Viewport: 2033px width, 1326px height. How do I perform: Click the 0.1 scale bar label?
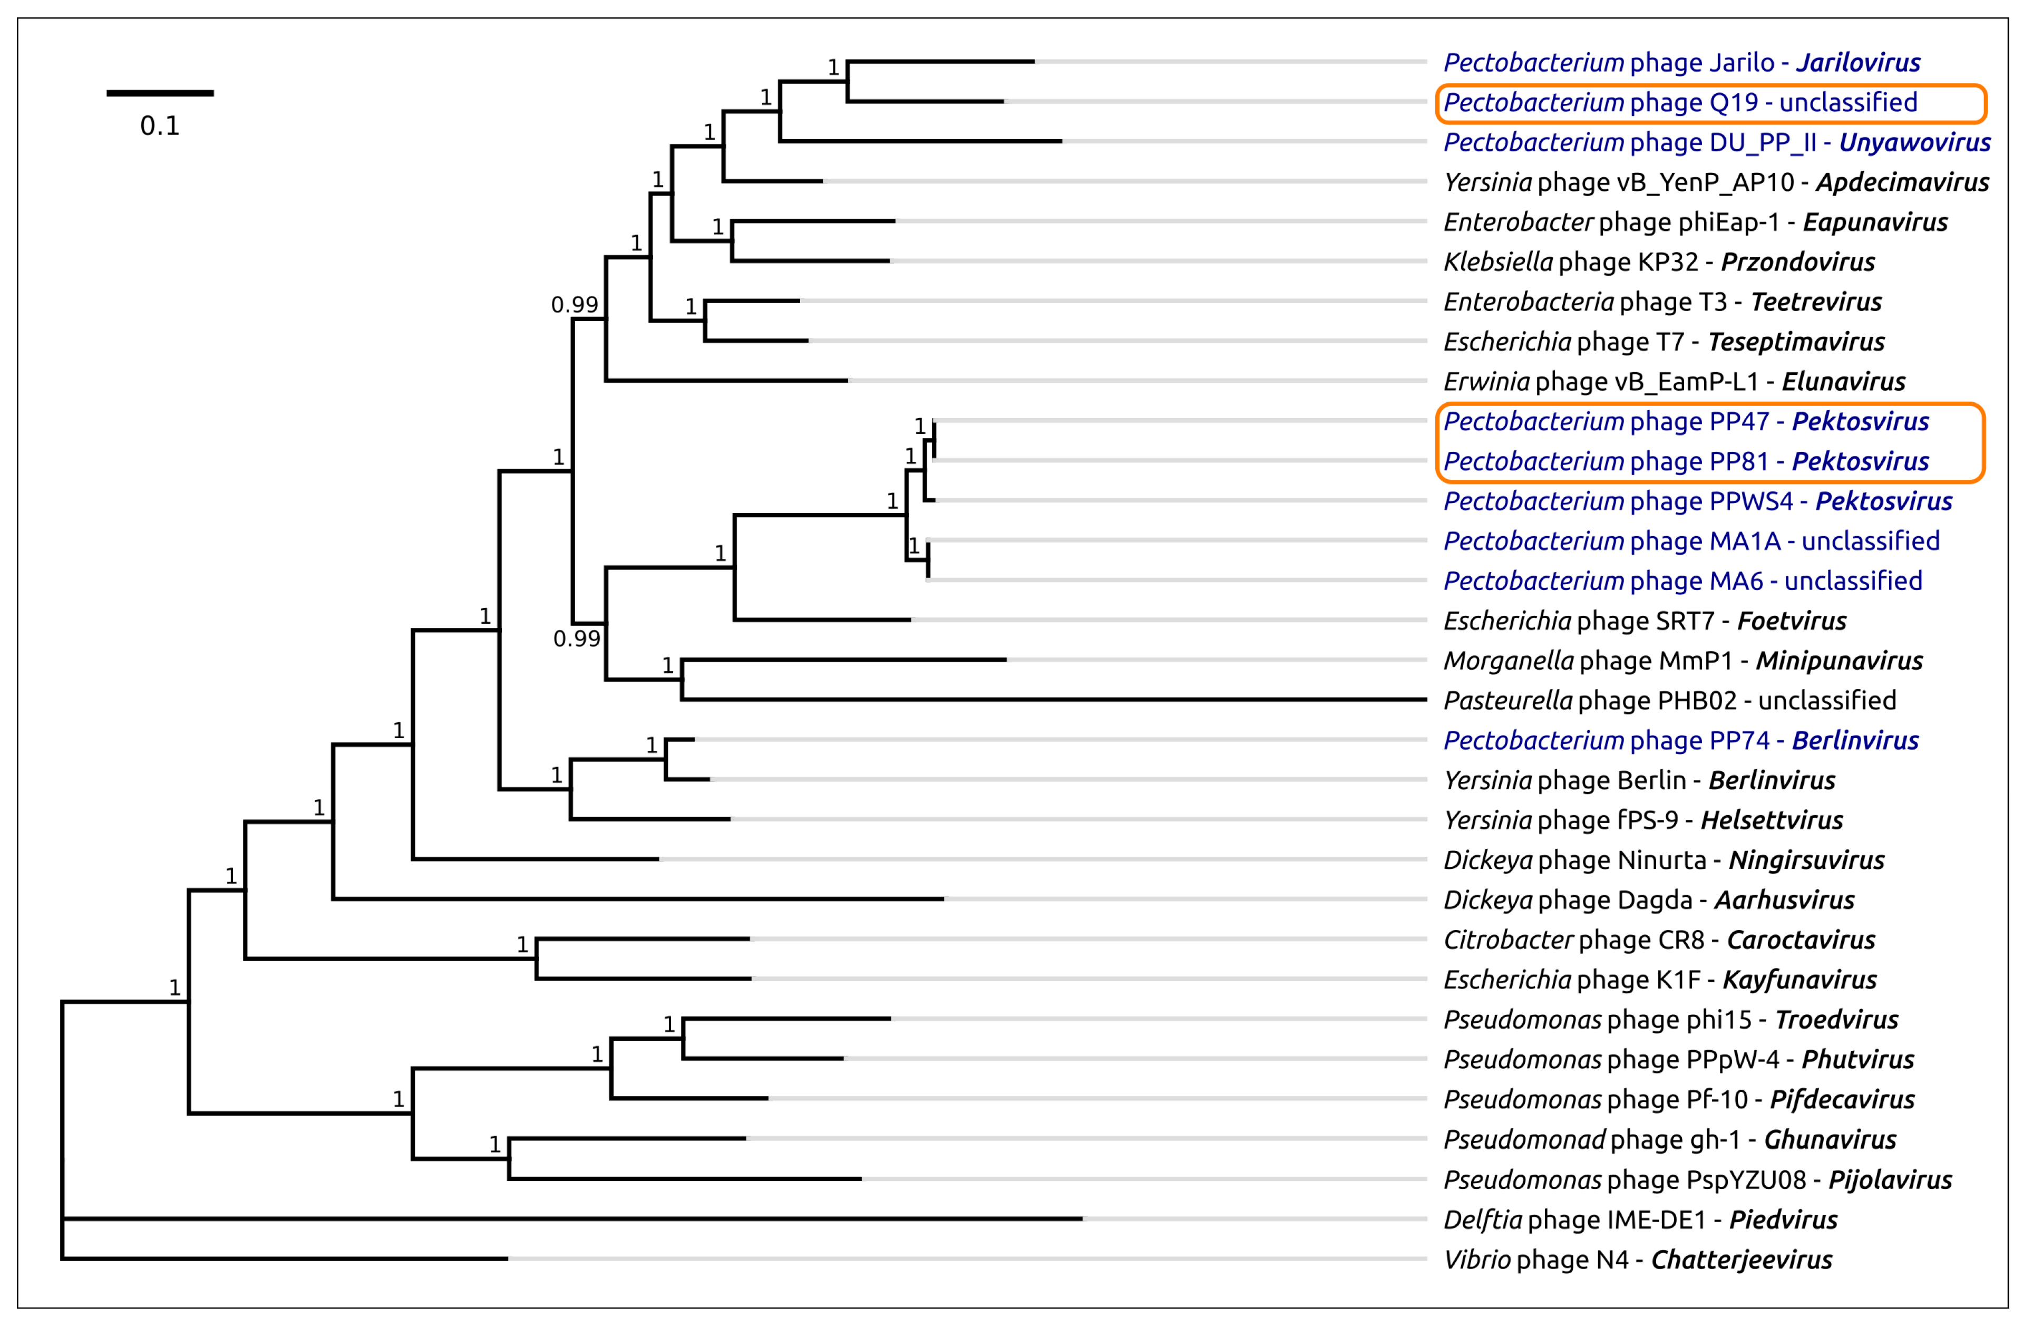160,127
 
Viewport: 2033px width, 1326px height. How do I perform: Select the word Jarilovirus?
1858,62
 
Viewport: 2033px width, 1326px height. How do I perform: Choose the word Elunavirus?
1843,381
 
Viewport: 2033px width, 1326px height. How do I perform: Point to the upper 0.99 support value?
574,305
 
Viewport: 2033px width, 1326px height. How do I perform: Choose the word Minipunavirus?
1839,661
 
